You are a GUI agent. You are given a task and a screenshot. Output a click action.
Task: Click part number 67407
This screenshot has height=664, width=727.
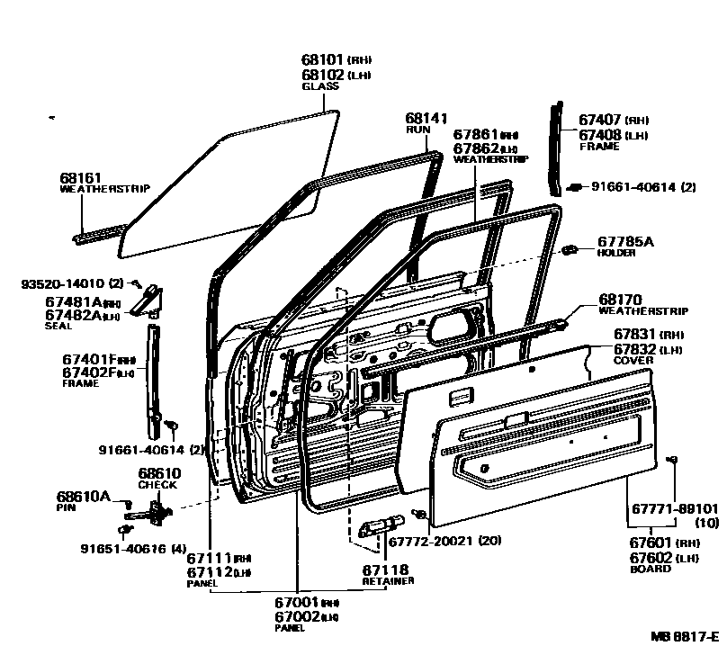[x=600, y=120]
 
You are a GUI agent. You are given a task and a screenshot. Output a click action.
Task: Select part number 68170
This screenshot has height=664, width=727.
[x=620, y=300]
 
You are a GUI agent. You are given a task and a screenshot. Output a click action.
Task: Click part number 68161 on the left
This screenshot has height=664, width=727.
[x=79, y=178]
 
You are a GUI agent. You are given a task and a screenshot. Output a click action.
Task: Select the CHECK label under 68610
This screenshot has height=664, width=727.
[x=157, y=484]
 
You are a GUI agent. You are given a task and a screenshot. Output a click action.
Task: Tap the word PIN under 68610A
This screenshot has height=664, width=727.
[x=64, y=507]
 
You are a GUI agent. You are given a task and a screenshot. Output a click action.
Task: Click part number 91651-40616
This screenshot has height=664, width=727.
[x=123, y=548]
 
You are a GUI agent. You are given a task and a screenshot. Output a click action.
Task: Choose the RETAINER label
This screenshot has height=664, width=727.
[x=389, y=581]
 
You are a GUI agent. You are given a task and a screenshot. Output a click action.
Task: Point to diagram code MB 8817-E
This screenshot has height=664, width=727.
[x=685, y=636]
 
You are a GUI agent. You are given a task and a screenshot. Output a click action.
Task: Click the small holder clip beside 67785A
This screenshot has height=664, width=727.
[x=569, y=248]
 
